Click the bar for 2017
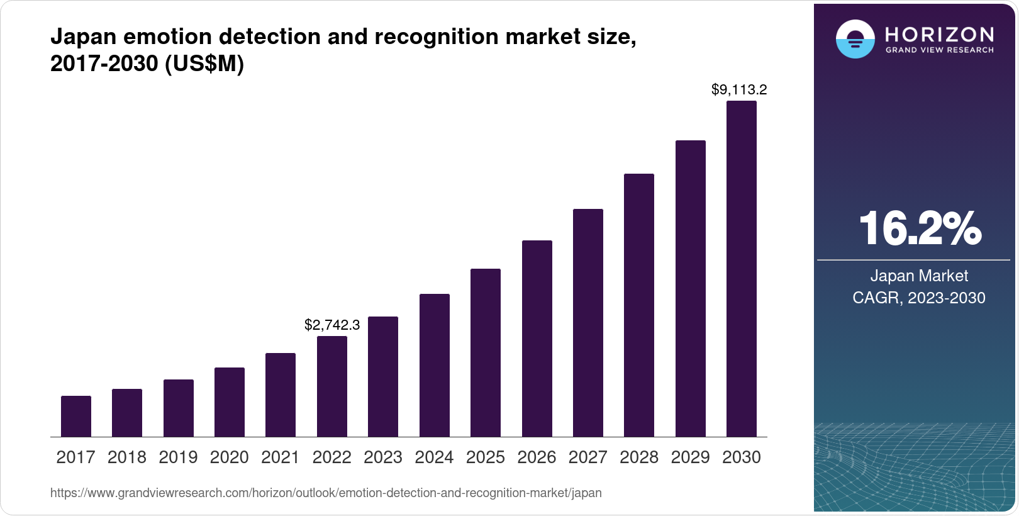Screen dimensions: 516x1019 pos(76,416)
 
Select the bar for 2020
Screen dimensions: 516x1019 pos(230,402)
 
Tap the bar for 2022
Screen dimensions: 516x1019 pos(332,386)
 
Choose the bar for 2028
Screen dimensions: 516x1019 pos(639,305)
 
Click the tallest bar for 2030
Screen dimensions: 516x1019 pos(742,269)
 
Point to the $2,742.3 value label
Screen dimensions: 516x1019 pos(332,325)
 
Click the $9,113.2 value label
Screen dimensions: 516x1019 pos(739,89)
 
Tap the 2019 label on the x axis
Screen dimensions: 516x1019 pos(178,457)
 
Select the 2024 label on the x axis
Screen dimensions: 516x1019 pos(434,457)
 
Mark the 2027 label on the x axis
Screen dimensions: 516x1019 pos(587,457)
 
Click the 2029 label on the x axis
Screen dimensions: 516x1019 pos(690,457)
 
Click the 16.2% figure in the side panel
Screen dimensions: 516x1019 pos(919,228)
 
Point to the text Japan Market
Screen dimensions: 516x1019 pos(919,276)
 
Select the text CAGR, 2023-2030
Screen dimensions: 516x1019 pos(919,298)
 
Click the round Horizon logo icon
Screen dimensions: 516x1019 pos(855,39)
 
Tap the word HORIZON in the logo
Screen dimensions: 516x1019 pos(939,34)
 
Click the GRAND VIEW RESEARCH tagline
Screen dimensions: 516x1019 pos(939,50)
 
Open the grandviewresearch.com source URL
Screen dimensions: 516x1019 pos(326,493)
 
